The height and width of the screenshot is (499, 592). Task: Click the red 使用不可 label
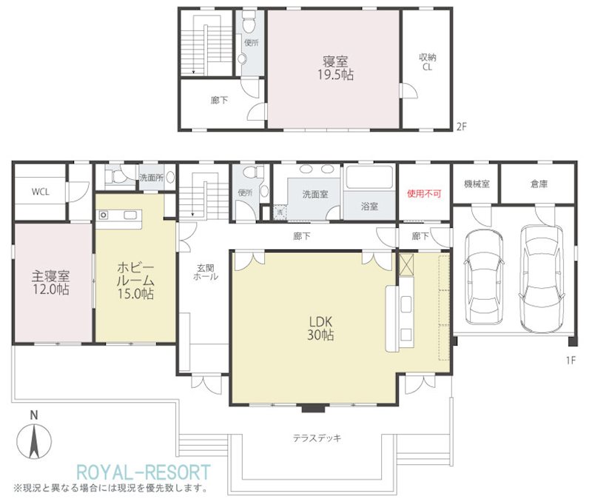point(423,194)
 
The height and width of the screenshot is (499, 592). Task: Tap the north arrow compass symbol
point(34,441)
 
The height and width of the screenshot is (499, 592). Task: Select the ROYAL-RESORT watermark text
point(144,472)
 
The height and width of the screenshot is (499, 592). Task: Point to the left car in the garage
point(484,277)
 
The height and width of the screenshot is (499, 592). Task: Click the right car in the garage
point(541,279)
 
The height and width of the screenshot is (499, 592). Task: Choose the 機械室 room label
point(477,184)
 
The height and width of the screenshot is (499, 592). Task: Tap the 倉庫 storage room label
point(539,184)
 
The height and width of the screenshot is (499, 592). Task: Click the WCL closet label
point(41,192)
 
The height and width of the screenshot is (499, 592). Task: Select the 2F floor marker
point(461,127)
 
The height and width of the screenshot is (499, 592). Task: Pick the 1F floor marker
point(571,361)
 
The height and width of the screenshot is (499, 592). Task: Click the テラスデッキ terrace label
point(317,438)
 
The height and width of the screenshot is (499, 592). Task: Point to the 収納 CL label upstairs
point(428,62)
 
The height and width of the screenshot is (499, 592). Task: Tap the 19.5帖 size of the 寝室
point(335,75)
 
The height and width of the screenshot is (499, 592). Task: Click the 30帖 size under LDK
point(320,335)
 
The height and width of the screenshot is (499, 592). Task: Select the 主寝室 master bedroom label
point(50,276)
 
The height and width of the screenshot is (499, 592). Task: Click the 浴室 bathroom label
point(369,207)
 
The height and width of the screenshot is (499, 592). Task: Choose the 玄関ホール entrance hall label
point(206,272)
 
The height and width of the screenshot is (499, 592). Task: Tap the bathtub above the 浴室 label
point(370,177)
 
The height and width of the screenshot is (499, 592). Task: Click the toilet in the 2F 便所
point(249,22)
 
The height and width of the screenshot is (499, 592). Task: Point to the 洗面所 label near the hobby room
point(152,177)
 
